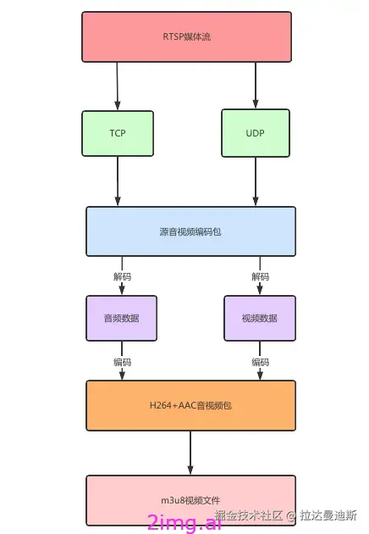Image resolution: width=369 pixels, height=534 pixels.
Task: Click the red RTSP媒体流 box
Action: click(x=186, y=36)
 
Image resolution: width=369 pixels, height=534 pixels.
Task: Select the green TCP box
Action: click(x=118, y=134)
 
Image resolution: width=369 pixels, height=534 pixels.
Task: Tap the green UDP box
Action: click(x=255, y=134)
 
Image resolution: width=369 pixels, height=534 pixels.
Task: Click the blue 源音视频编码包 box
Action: click(x=190, y=231)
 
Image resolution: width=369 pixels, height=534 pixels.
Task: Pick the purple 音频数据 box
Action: click(x=121, y=318)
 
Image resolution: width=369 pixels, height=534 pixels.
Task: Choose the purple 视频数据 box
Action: click(x=260, y=318)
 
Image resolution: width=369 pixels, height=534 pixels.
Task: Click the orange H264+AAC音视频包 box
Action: click(x=190, y=405)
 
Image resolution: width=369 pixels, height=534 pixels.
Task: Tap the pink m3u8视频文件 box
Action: click(x=190, y=499)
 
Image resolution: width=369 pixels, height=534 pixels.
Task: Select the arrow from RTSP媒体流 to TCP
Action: click(x=117, y=86)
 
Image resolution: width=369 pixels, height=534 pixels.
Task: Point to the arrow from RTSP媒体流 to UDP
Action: click(x=255, y=86)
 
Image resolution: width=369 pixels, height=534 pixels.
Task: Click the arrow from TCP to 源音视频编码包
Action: click(x=118, y=181)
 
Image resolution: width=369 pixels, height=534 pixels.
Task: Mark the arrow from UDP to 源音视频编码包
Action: click(x=255, y=181)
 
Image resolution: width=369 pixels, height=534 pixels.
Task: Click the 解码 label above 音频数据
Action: click(x=122, y=276)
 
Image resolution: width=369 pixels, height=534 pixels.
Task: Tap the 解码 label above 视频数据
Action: click(x=260, y=276)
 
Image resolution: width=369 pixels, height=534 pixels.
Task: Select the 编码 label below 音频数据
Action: click(x=122, y=362)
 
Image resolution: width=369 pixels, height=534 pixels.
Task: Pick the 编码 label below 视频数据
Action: click(x=260, y=362)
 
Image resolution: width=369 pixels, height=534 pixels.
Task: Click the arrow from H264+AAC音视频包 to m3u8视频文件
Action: click(x=190, y=453)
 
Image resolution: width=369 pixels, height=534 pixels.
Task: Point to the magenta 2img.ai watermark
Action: click(x=184, y=522)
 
